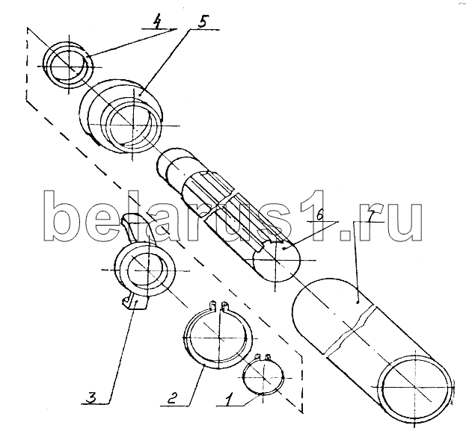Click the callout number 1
click(229, 400)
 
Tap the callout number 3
click(91, 397)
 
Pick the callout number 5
click(203, 22)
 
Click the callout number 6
click(319, 214)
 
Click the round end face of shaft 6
click(277, 261)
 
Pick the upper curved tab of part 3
click(137, 226)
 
